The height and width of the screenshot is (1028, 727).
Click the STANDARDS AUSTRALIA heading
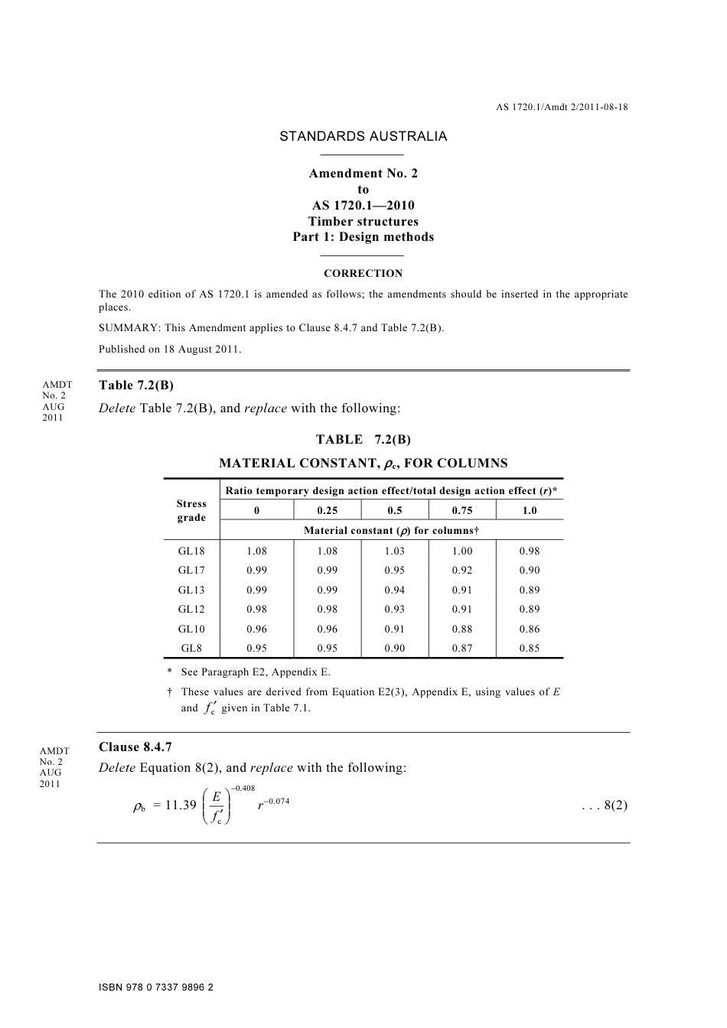click(x=363, y=137)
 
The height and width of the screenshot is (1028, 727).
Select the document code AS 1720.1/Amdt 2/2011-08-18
click(x=562, y=107)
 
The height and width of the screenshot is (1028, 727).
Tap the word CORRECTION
click(x=363, y=273)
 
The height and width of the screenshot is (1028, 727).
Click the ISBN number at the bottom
click(x=156, y=987)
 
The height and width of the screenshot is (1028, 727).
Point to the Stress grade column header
click(x=191, y=510)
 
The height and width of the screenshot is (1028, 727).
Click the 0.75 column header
click(x=462, y=511)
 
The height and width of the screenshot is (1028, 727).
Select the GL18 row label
click(x=191, y=551)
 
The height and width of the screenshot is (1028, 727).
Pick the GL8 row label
click(x=191, y=648)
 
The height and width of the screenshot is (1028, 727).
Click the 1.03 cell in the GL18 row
click(x=395, y=551)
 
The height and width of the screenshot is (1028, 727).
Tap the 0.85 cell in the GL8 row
click(x=529, y=648)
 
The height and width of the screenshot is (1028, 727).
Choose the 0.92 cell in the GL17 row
click(x=462, y=570)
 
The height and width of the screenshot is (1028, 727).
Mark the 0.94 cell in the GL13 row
click(x=395, y=590)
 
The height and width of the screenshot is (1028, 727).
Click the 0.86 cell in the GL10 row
click(x=529, y=629)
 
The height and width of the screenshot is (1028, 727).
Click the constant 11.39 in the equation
click(x=181, y=805)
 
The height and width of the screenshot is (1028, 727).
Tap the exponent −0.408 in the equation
click(x=243, y=789)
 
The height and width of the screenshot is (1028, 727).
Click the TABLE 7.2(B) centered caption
click(x=363, y=439)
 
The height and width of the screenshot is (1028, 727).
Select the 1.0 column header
click(x=529, y=511)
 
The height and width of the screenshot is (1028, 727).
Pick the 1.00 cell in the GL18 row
click(x=462, y=551)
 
